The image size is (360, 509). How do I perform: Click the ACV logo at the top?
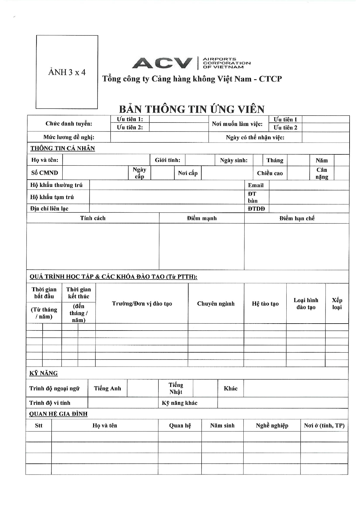pos(191,63)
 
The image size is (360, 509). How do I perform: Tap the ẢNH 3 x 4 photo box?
pos(67,72)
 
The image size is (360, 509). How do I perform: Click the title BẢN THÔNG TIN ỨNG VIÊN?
pos(192,109)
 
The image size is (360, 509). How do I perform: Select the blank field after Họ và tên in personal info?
pos(106,160)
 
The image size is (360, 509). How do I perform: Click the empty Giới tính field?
pos(200,160)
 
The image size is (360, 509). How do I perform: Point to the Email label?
pos(256,185)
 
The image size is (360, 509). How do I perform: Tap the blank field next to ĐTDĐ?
pos(309,208)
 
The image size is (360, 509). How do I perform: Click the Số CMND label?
pos(45,173)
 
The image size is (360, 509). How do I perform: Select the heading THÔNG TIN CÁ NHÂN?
pos(63,148)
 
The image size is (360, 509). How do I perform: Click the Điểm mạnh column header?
pos(202,218)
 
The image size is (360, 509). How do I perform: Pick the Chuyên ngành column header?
pos(216,304)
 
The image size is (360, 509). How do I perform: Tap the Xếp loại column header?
pos(337,304)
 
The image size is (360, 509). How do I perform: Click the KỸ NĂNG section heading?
pos(44,373)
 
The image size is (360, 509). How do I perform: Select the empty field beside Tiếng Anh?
pos(142,388)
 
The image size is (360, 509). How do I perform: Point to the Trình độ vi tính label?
pos(50,403)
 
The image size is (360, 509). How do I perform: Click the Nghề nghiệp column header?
pos(272,425)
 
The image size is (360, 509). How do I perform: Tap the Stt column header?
pos(39,425)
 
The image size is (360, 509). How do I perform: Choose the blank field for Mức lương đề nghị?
pos(159,137)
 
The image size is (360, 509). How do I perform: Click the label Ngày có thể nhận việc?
pos(255,137)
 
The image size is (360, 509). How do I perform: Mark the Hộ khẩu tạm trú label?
pos(52,197)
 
